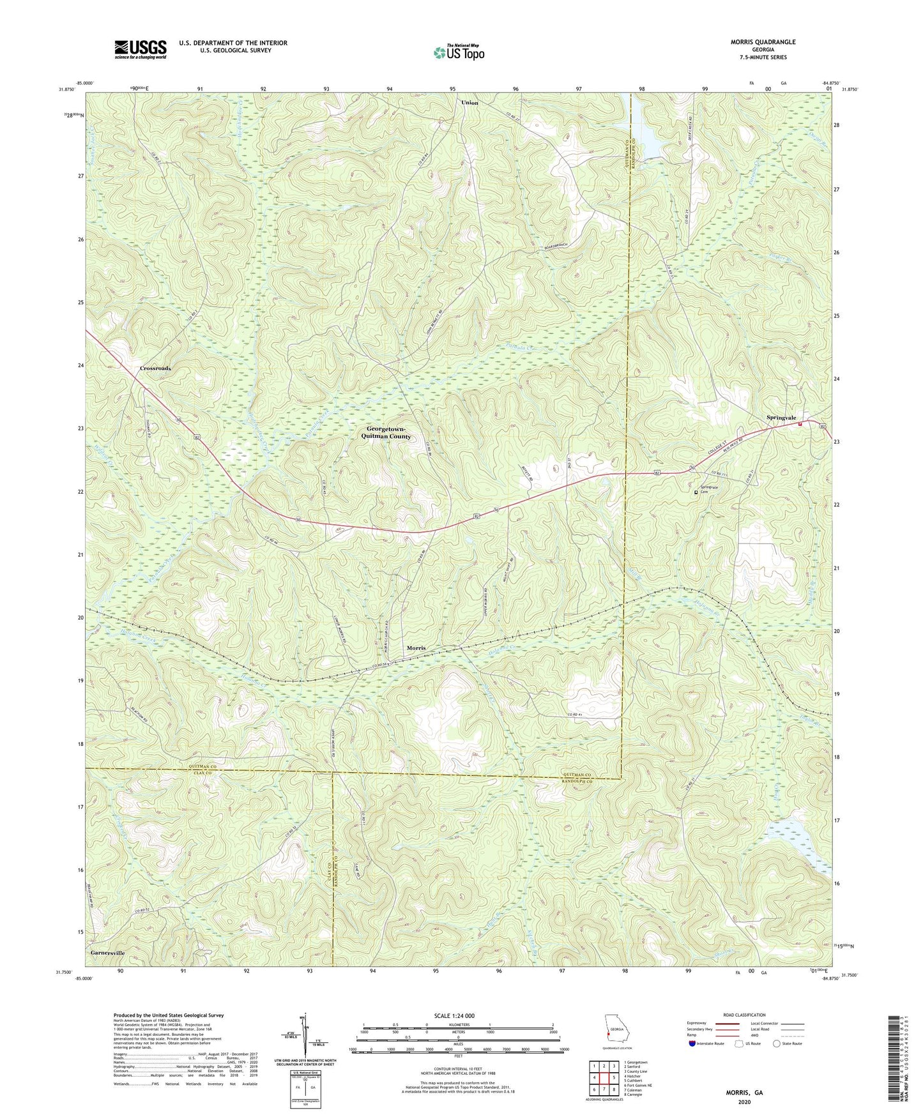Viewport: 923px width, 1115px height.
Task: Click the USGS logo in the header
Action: coord(141,49)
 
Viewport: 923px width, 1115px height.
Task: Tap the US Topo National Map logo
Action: coord(458,52)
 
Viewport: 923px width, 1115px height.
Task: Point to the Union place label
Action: coord(469,103)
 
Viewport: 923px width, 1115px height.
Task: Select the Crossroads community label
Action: coord(155,369)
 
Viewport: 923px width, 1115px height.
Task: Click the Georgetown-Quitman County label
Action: coord(388,432)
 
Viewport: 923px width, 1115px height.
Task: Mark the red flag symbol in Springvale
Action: coord(800,425)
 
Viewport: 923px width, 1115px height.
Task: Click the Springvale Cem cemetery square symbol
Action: coord(696,492)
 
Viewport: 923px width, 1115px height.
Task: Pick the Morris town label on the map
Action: coord(416,648)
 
